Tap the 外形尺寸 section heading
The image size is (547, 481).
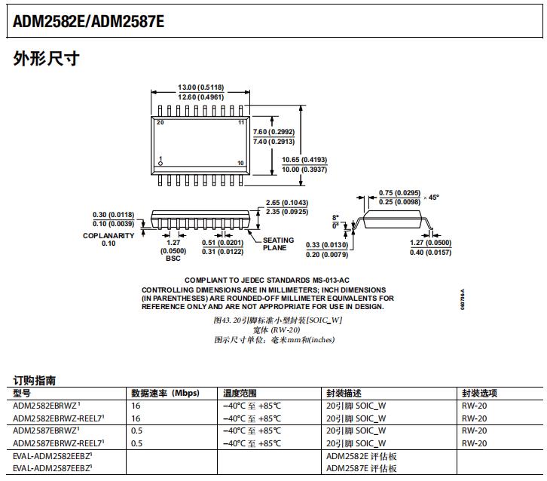coord(46,59)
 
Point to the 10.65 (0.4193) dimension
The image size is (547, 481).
coord(304,160)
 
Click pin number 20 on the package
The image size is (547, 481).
coord(160,122)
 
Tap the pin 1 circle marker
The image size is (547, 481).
coord(160,164)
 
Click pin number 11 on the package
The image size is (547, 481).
coord(241,122)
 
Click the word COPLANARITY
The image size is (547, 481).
coord(108,235)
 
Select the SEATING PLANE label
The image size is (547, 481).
coord(278,244)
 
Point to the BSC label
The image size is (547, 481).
coord(173,258)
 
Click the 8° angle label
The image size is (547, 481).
coord(335,217)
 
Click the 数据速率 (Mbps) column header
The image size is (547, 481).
coord(164,394)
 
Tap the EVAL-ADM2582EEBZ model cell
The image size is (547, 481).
coord(52,456)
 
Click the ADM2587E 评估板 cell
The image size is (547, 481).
coord(361,469)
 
